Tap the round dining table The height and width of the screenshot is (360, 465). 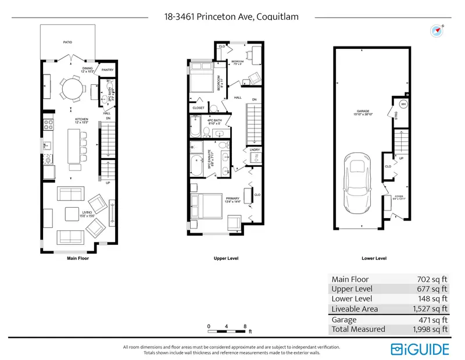pyautogui.click(x=73, y=89)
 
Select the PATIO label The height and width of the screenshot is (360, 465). pyautogui.click(x=68, y=42)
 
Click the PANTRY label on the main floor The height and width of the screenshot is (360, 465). pyautogui.click(x=107, y=70)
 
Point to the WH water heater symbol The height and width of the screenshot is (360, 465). pyautogui.click(x=403, y=105)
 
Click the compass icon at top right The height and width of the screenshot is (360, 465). pyautogui.click(x=436, y=30)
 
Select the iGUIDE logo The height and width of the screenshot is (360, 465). pyautogui.click(x=420, y=348)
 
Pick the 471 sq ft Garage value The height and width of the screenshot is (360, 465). pyautogui.click(x=432, y=319)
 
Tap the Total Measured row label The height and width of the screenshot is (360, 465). pyautogui.click(x=358, y=329)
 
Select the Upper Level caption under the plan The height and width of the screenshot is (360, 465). pyautogui.click(x=226, y=258)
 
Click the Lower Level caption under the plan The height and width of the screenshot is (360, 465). pyautogui.click(x=374, y=258)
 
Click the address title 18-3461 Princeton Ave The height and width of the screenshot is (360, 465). pyautogui.click(x=232, y=17)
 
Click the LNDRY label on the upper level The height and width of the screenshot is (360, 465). pyautogui.click(x=255, y=150)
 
